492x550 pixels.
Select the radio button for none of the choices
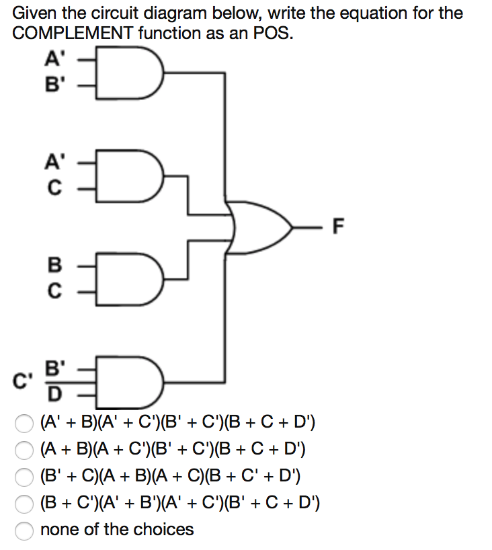24,530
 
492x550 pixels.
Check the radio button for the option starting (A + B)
24,448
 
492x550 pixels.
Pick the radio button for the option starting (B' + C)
24,477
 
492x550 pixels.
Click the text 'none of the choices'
117,529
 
